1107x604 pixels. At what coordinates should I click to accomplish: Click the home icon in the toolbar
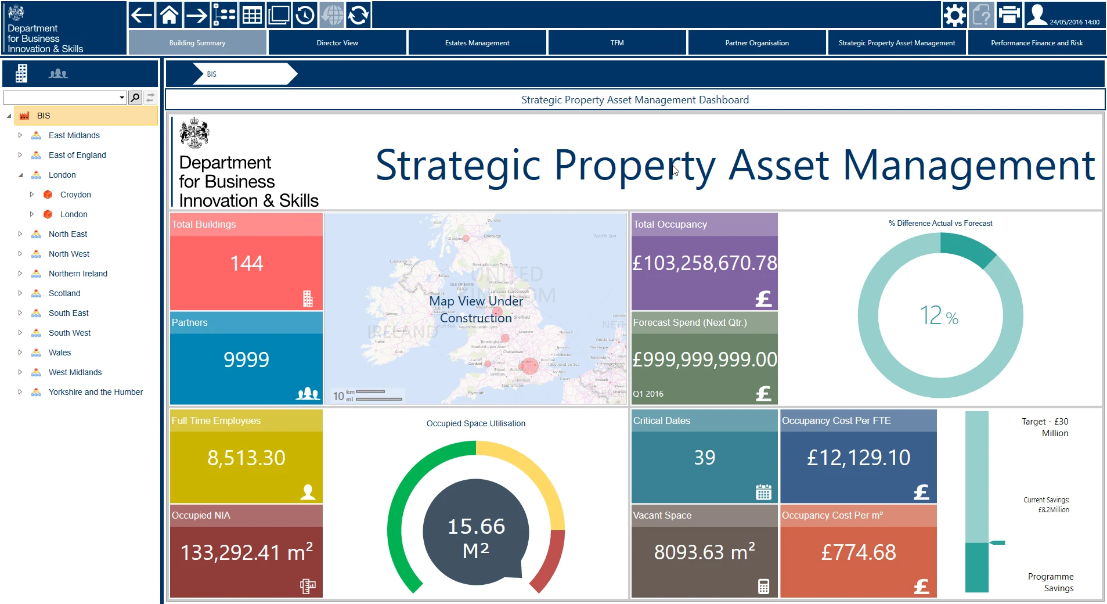tap(169, 15)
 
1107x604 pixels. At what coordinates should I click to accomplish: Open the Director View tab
tap(337, 43)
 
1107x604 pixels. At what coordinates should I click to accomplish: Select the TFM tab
tap(616, 43)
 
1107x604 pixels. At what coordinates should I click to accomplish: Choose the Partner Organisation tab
tap(756, 43)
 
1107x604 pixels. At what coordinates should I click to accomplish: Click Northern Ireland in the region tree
tap(78, 274)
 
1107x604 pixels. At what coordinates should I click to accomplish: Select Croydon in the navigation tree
tap(75, 195)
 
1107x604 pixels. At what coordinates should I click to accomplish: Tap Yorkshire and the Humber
tap(95, 392)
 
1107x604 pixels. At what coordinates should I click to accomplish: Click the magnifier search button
tap(135, 98)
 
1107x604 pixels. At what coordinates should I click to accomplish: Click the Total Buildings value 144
tap(247, 264)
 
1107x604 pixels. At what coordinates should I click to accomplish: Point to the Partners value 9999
tap(246, 360)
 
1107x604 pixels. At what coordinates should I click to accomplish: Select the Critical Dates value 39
tap(704, 458)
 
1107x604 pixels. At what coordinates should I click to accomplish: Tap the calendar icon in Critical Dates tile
tap(763, 492)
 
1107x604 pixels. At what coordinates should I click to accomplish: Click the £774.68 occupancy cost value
tap(858, 552)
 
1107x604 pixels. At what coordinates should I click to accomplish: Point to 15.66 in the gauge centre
tap(476, 526)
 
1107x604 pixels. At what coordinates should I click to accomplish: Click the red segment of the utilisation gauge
tap(549, 563)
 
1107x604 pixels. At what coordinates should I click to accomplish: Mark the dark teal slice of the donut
tap(967, 247)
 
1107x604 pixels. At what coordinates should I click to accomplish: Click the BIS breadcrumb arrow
tap(244, 74)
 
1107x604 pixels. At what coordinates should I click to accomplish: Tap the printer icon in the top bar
tap(1009, 15)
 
